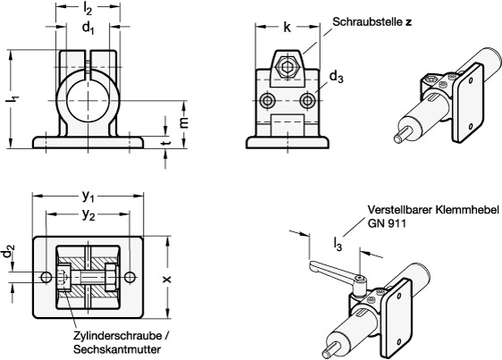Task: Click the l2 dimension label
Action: click(88, 9)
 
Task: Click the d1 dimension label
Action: click(88, 29)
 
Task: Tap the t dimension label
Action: click(165, 143)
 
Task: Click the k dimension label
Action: click(287, 27)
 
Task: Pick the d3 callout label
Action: click(336, 77)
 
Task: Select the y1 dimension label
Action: click(88, 196)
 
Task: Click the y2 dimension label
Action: click(88, 214)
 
